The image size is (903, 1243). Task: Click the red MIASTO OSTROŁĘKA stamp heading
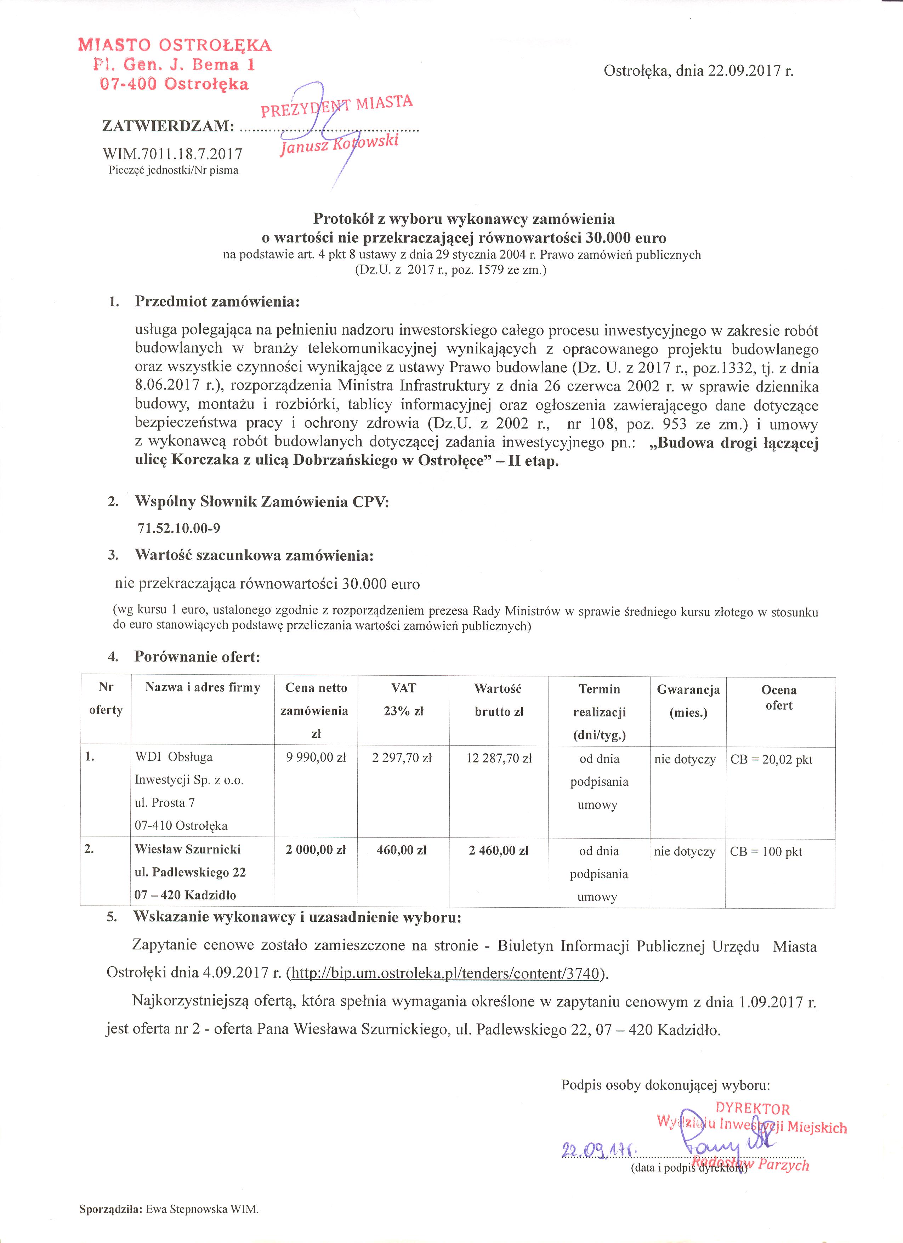click(175, 45)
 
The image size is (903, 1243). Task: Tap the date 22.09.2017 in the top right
click(743, 71)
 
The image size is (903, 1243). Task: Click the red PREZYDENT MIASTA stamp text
click(336, 106)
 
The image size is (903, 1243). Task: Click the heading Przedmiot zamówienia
click(217, 301)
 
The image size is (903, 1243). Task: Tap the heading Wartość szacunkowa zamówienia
click(254, 555)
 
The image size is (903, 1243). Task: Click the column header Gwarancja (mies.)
click(688, 701)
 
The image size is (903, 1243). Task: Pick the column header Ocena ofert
click(779, 698)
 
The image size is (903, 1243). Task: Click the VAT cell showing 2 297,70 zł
click(402, 758)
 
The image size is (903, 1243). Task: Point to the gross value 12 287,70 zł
click(499, 759)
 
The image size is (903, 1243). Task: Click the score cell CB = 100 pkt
click(766, 852)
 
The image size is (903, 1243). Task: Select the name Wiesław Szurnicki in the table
click(188, 850)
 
